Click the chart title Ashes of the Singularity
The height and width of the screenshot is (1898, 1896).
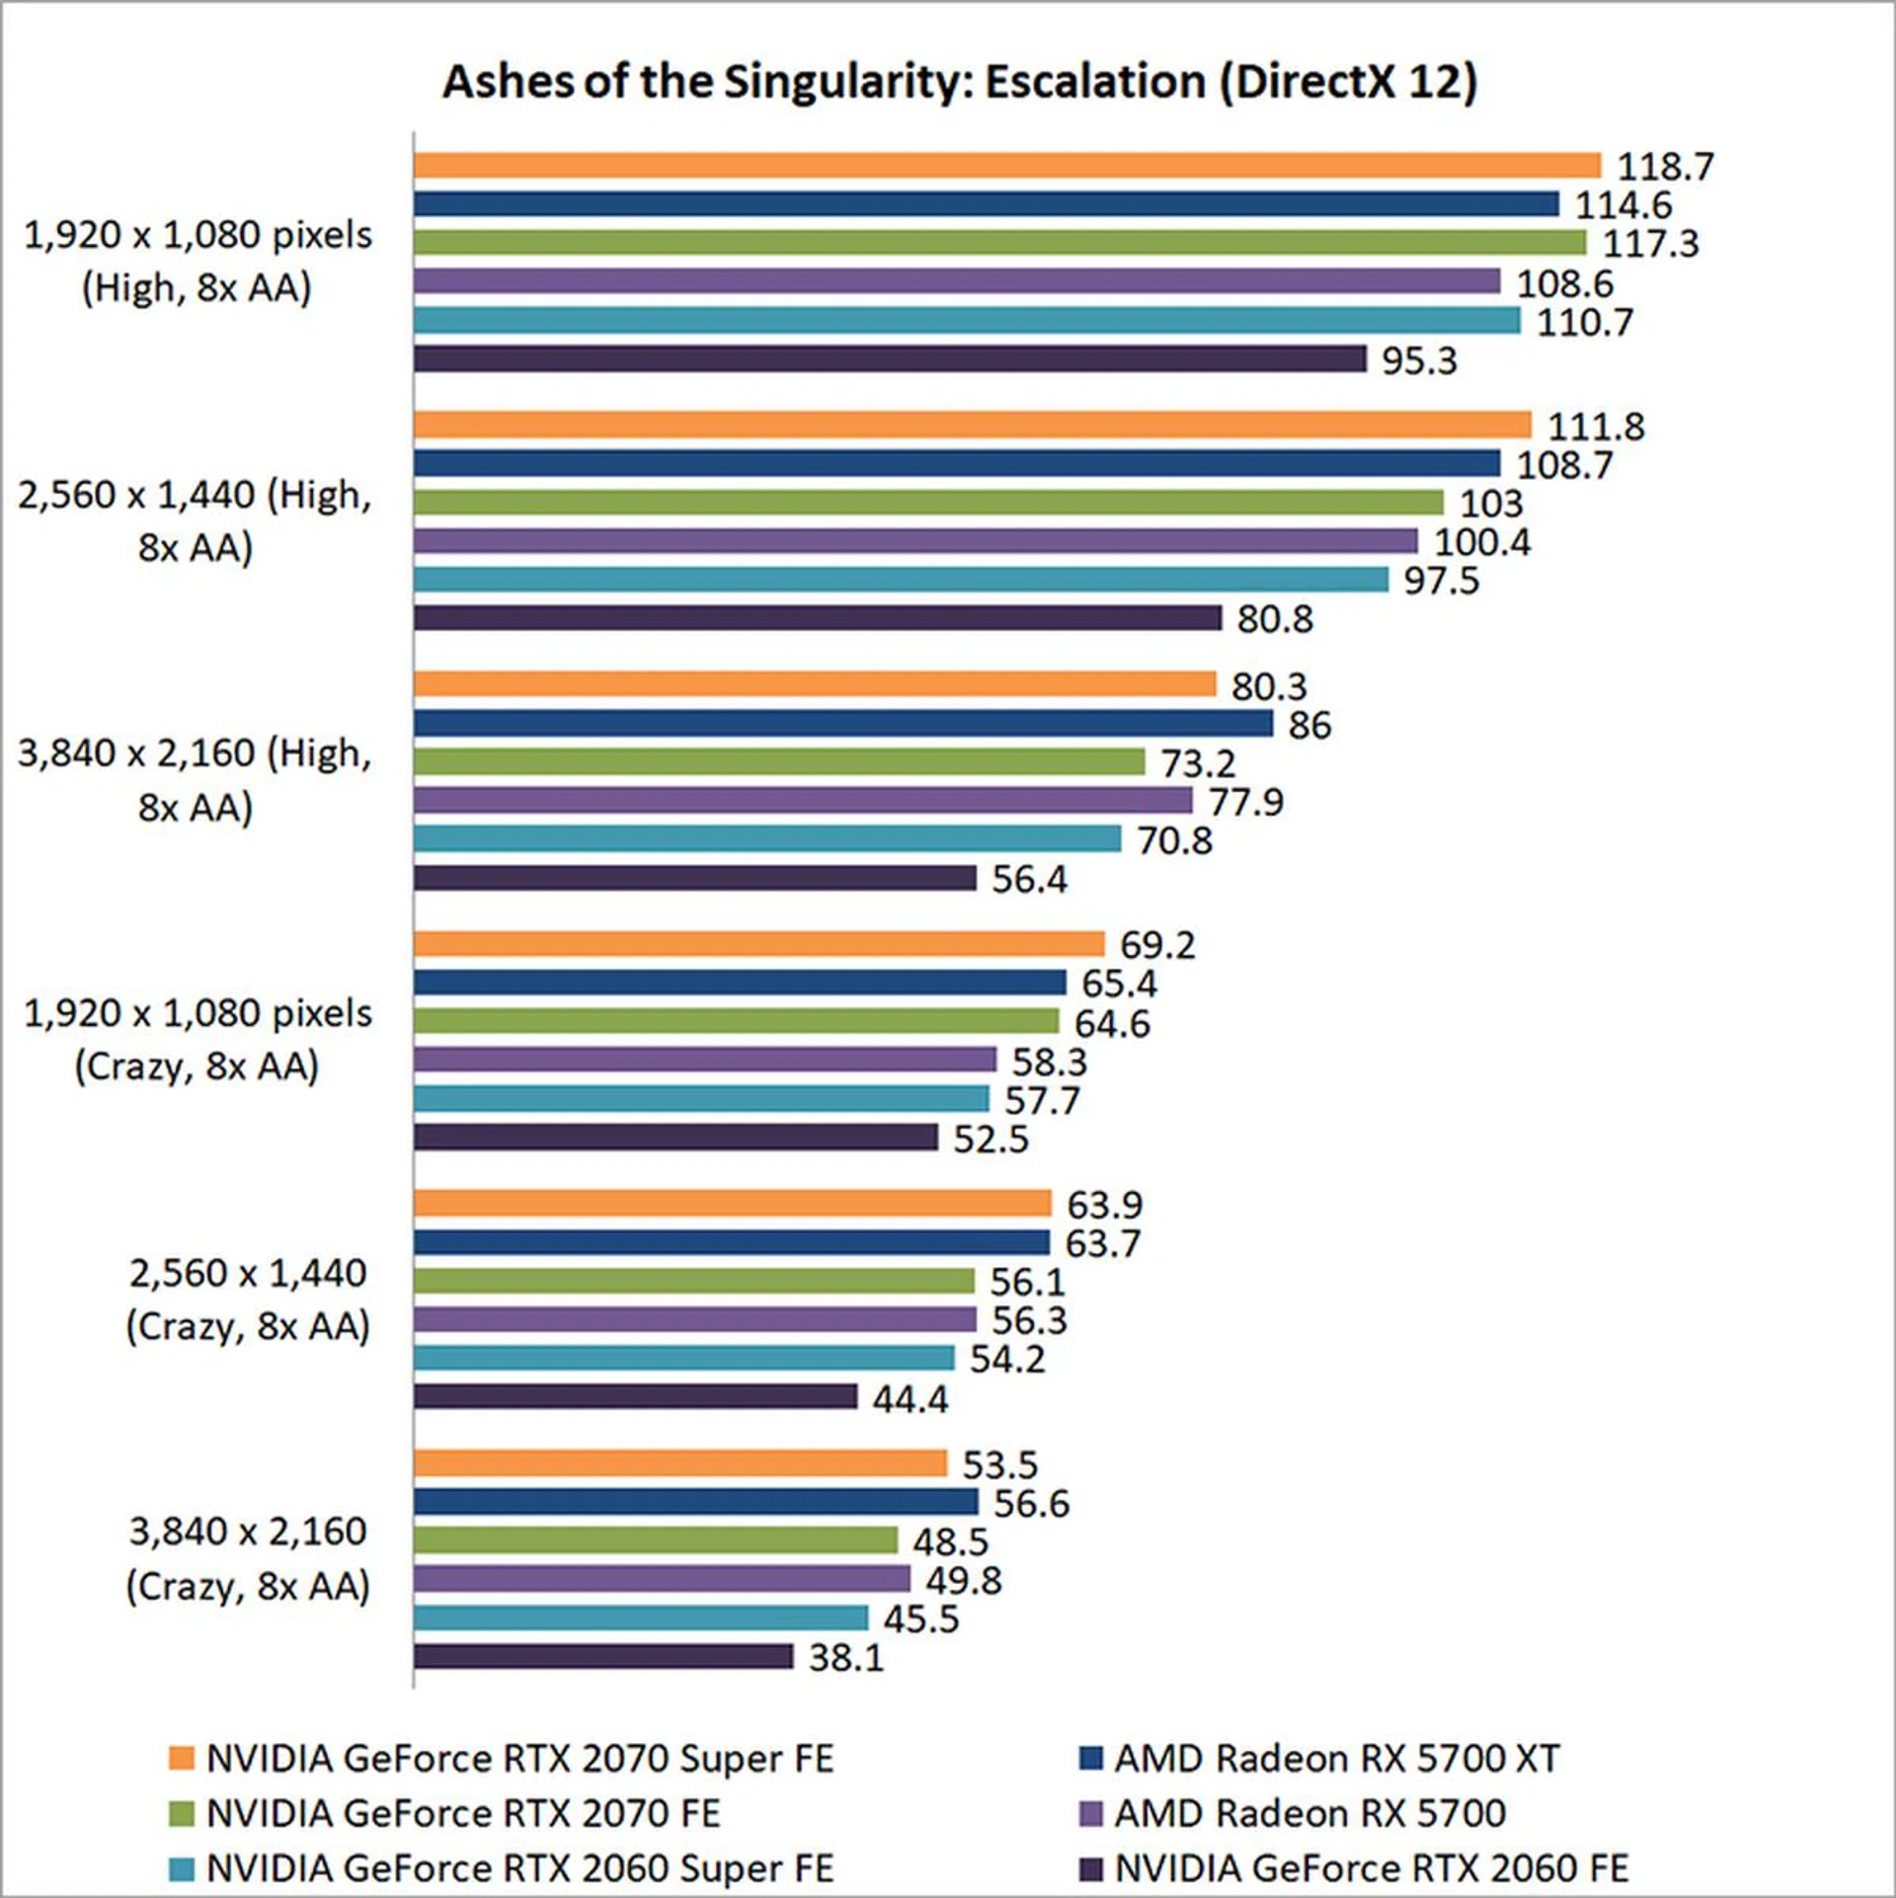coord(959,82)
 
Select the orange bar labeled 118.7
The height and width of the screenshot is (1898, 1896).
coord(1006,165)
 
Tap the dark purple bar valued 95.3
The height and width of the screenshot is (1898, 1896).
coord(890,358)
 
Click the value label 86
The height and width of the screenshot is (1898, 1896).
coord(1309,725)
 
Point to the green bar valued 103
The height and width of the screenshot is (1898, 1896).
coord(928,503)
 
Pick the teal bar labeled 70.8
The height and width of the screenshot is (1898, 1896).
coord(767,839)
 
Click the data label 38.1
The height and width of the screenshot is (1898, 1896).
coord(846,1657)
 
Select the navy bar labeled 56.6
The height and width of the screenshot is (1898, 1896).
coord(695,1502)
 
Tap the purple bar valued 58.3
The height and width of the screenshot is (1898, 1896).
coord(705,1060)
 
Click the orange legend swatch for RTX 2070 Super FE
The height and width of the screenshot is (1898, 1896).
coord(181,1759)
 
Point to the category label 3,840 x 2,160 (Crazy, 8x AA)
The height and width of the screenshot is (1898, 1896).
coord(248,1558)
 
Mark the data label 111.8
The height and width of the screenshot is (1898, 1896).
coord(1595,427)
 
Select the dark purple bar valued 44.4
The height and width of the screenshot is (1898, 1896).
coord(635,1396)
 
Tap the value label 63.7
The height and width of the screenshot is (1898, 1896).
coord(1102,1243)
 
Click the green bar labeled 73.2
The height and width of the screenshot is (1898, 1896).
coord(778,761)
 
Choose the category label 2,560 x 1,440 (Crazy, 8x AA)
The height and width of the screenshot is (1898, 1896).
coord(248,1300)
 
